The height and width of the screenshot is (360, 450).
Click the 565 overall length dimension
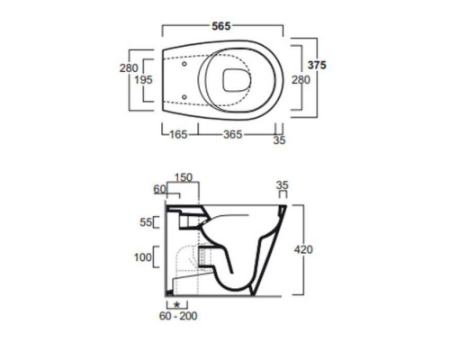(x=221, y=26)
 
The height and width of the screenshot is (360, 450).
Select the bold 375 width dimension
(x=317, y=65)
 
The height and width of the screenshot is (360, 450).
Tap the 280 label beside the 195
(x=129, y=68)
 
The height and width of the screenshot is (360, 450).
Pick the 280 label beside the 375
(x=301, y=80)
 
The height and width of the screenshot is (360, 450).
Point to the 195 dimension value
(x=143, y=80)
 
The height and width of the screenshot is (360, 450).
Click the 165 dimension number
(x=178, y=134)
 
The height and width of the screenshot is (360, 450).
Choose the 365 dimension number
(x=233, y=134)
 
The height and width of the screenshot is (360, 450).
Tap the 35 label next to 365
(x=279, y=140)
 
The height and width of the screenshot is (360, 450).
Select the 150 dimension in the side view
(x=184, y=177)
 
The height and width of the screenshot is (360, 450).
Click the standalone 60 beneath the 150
(x=159, y=189)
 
